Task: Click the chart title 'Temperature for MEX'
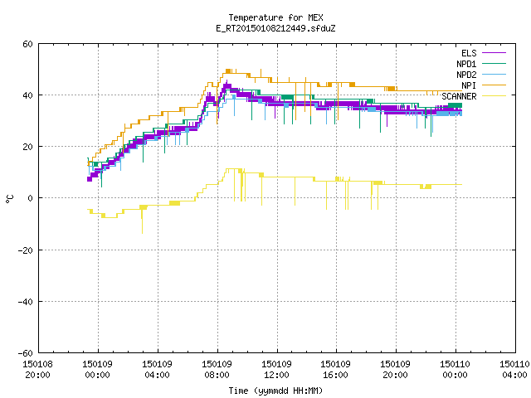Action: (x=275, y=17)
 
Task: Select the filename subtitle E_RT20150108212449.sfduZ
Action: (x=275, y=28)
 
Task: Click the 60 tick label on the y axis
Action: (x=27, y=44)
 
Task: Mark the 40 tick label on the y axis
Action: (x=27, y=95)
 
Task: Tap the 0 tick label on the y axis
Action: (x=31, y=198)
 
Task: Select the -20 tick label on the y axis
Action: (x=26, y=250)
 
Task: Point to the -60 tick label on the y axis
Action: (x=26, y=353)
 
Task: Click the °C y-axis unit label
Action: (x=9, y=199)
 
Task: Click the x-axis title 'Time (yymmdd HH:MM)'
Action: (x=275, y=391)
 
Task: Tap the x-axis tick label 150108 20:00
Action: (x=37, y=370)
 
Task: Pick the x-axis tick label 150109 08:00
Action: (x=217, y=370)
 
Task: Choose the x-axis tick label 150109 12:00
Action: (x=276, y=370)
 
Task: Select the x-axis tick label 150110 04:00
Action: (x=514, y=370)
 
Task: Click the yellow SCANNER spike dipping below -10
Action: (x=142, y=221)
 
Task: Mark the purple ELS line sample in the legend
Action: (x=494, y=53)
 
